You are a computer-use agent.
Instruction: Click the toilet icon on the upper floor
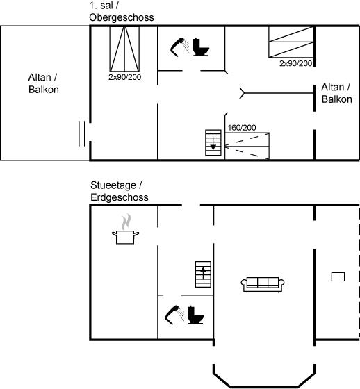[201, 47]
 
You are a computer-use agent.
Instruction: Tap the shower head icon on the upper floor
[179, 47]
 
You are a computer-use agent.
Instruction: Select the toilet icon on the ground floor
[196, 315]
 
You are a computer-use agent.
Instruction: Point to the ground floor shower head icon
[174, 315]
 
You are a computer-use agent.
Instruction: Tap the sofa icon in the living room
[263, 284]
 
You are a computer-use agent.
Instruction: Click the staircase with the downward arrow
[213, 142]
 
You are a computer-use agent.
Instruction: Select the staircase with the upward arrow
[203, 274]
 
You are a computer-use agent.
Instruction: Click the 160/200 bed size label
[242, 128]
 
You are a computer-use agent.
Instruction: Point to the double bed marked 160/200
[247, 146]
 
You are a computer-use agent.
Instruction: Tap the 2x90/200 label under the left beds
[124, 77]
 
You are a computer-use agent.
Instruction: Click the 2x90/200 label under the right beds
[295, 63]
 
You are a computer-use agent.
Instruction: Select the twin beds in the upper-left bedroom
[124, 49]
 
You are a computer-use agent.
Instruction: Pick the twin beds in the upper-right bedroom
[291, 42]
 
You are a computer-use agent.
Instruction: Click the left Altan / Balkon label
[44, 83]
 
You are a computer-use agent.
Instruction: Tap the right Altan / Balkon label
[336, 93]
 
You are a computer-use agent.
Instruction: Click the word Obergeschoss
[122, 17]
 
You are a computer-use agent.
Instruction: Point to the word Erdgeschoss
[120, 197]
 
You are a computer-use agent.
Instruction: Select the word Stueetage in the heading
[113, 185]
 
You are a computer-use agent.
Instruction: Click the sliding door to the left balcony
[82, 133]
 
